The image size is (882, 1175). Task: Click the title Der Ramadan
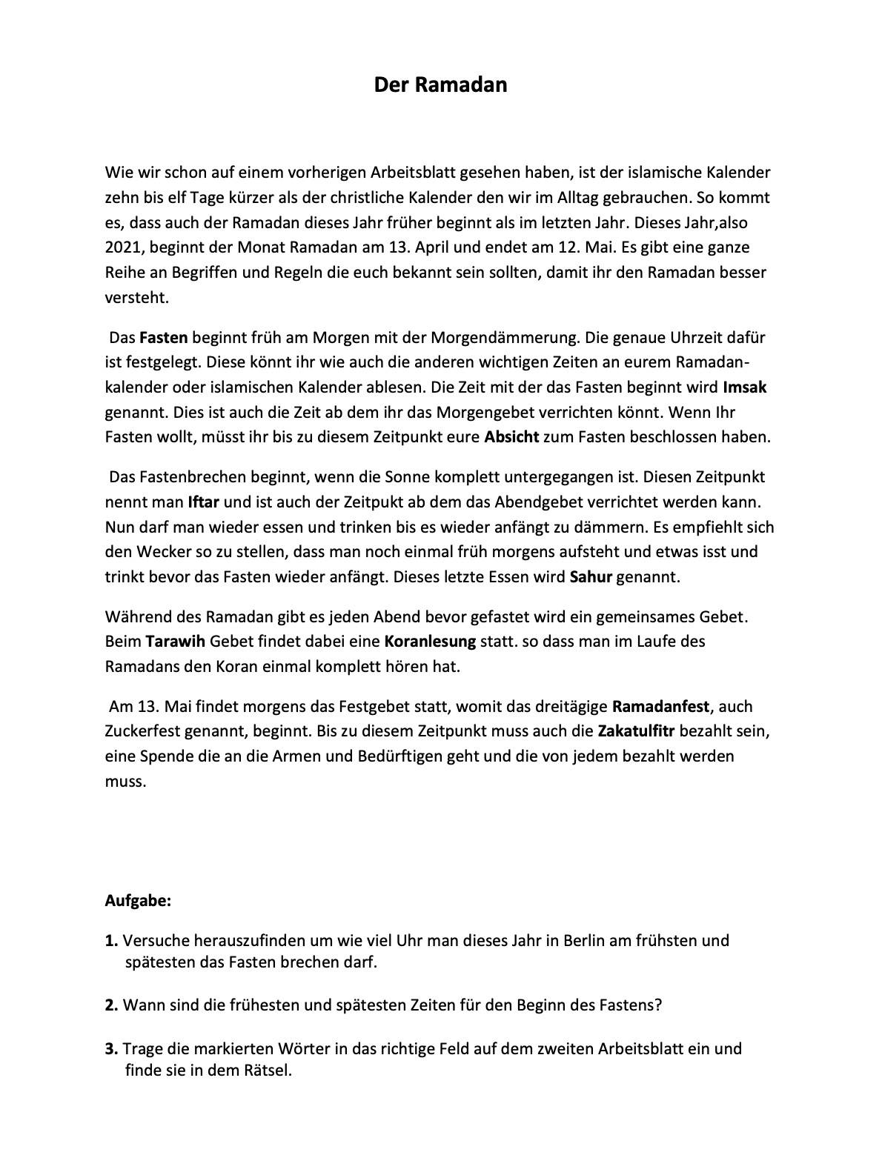pos(440,84)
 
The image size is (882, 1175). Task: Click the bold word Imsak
pos(744,387)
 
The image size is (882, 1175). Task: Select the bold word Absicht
pos(511,436)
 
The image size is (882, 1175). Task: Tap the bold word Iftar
pos(204,502)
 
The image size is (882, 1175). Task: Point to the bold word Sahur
pos(591,576)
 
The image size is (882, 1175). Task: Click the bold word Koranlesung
pos(430,641)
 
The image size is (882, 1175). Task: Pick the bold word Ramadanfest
pos(661,706)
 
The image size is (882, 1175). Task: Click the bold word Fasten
pos(164,337)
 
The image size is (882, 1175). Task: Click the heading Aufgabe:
pos(138,901)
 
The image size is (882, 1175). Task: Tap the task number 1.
pos(111,940)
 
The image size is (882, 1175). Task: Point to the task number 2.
pos(111,1005)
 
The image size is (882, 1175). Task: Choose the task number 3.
pos(111,1048)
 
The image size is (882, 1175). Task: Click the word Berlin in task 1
pos(587,940)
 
